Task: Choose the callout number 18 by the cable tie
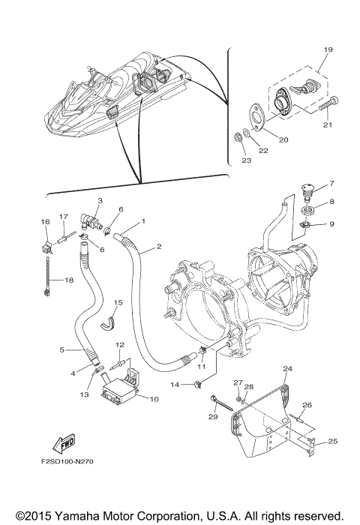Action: pos(69,280)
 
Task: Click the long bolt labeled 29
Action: pos(223,403)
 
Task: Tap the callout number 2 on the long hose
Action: pos(159,247)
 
